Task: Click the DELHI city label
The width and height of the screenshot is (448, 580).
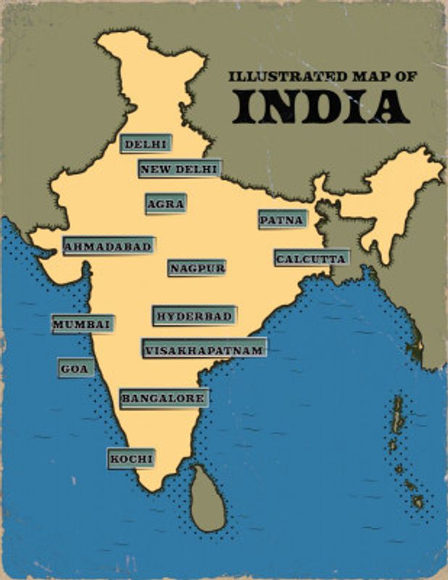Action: (x=146, y=144)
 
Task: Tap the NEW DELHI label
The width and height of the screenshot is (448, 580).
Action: (x=179, y=169)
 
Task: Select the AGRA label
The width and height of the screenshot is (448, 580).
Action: (x=165, y=204)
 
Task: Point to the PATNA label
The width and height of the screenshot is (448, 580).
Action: (x=282, y=220)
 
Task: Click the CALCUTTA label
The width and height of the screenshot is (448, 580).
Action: (x=311, y=258)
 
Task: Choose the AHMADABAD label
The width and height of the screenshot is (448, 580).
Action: (x=109, y=246)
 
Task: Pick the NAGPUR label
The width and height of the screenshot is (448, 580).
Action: (x=197, y=268)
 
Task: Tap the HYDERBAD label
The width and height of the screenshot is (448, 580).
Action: (x=194, y=316)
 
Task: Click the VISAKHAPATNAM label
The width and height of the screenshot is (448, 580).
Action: (x=204, y=350)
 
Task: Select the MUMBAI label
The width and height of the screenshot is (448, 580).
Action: (x=82, y=324)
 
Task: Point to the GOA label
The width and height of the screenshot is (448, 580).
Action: (x=75, y=369)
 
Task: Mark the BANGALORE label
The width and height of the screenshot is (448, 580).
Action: (x=164, y=398)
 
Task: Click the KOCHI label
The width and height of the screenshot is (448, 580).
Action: (x=131, y=459)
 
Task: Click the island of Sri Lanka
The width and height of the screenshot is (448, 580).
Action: (x=207, y=500)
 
